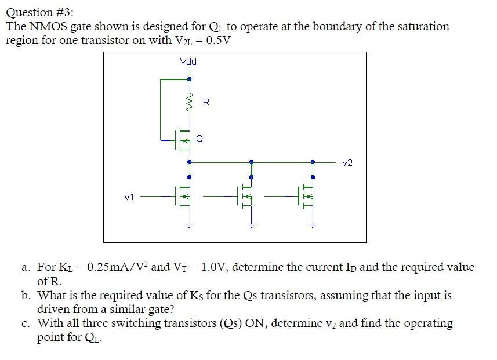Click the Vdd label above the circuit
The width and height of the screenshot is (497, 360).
(x=188, y=61)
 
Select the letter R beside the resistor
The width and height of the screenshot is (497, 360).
(x=206, y=103)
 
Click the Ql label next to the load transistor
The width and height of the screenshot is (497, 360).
(x=200, y=139)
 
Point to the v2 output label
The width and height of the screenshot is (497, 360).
(x=347, y=163)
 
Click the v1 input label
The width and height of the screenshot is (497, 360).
(x=129, y=197)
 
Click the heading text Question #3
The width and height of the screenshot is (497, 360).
(x=40, y=12)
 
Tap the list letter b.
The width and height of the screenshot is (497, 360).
(x=26, y=295)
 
